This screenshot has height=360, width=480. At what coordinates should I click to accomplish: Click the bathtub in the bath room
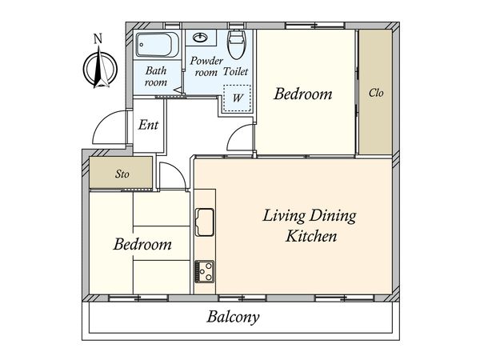coord(158,45)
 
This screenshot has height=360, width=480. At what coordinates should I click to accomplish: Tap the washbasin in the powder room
coord(201,38)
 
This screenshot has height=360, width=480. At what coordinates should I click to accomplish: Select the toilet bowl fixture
coord(237,44)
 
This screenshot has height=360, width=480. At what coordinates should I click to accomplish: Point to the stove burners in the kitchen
coord(205,271)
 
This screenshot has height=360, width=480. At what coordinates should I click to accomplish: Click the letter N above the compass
coord(98,39)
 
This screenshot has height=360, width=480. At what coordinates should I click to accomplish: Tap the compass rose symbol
coord(100,68)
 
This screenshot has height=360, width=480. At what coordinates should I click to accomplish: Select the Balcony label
coord(234,317)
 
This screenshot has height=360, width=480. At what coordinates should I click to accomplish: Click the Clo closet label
coord(376,93)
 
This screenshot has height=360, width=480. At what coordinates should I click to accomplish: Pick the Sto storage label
coord(122,174)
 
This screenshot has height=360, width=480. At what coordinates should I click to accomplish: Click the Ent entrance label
coord(149,125)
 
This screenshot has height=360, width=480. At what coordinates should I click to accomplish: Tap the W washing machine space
coord(238,98)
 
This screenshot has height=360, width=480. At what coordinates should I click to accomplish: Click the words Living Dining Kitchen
coord(310,226)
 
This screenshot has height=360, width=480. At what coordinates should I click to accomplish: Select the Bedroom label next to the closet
coord(303,94)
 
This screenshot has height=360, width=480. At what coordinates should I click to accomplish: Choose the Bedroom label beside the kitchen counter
coord(142,244)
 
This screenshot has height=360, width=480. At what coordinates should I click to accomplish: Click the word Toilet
coord(235,72)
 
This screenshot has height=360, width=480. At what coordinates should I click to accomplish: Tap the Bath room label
coord(156,77)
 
